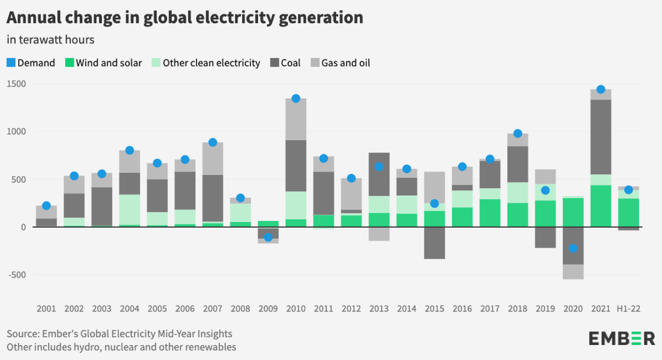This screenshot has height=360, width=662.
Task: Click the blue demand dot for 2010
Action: [296, 98]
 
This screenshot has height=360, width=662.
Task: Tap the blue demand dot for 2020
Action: [573, 248]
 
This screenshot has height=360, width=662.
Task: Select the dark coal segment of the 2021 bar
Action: [600, 137]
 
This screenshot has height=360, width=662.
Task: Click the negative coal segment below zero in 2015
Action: [434, 243]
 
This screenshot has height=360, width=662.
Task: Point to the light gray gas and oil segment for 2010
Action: [296, 119]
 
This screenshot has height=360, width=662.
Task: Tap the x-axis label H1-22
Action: [628, 309]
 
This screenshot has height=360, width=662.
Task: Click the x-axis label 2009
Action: [268, 309]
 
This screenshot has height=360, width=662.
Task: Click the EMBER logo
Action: [622, 338]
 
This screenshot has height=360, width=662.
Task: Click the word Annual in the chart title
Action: [31, 18]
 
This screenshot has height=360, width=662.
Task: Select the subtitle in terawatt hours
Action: [50, 39]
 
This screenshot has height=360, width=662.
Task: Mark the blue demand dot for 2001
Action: [46, 206]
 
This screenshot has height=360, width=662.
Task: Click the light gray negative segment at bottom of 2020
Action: [573, 272]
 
